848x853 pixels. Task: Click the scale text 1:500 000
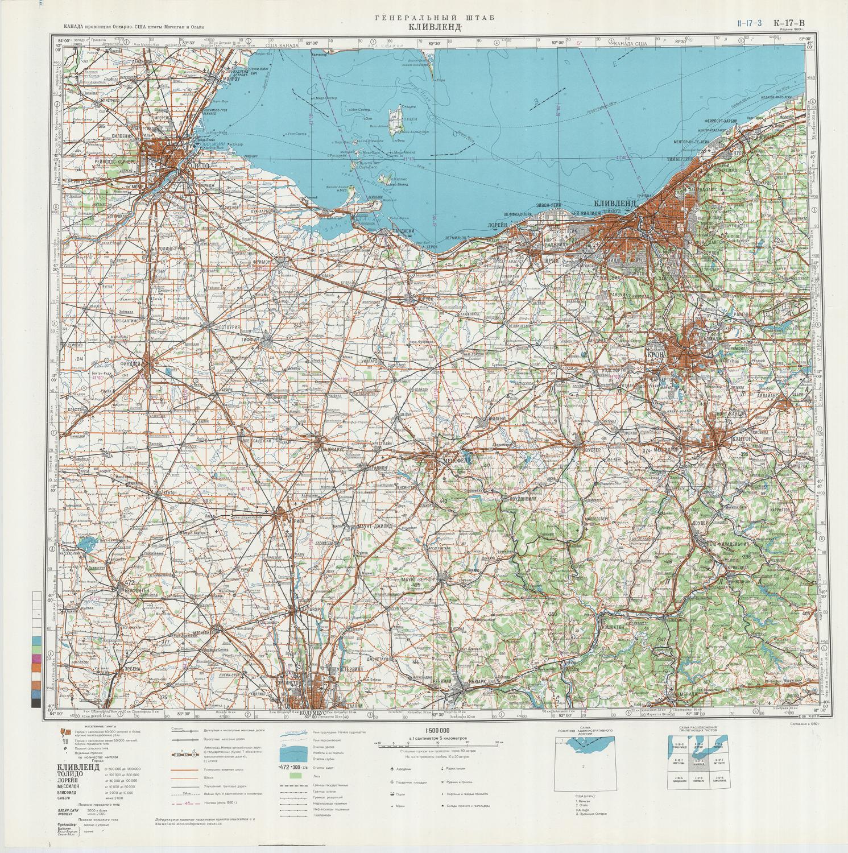click(437, 731)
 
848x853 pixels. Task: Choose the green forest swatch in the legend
click(294, 775)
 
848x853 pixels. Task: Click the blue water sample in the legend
click(294, 753)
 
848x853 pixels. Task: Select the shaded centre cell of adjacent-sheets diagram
click(700, 762)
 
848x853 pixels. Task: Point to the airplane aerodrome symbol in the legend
click(391, 769)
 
